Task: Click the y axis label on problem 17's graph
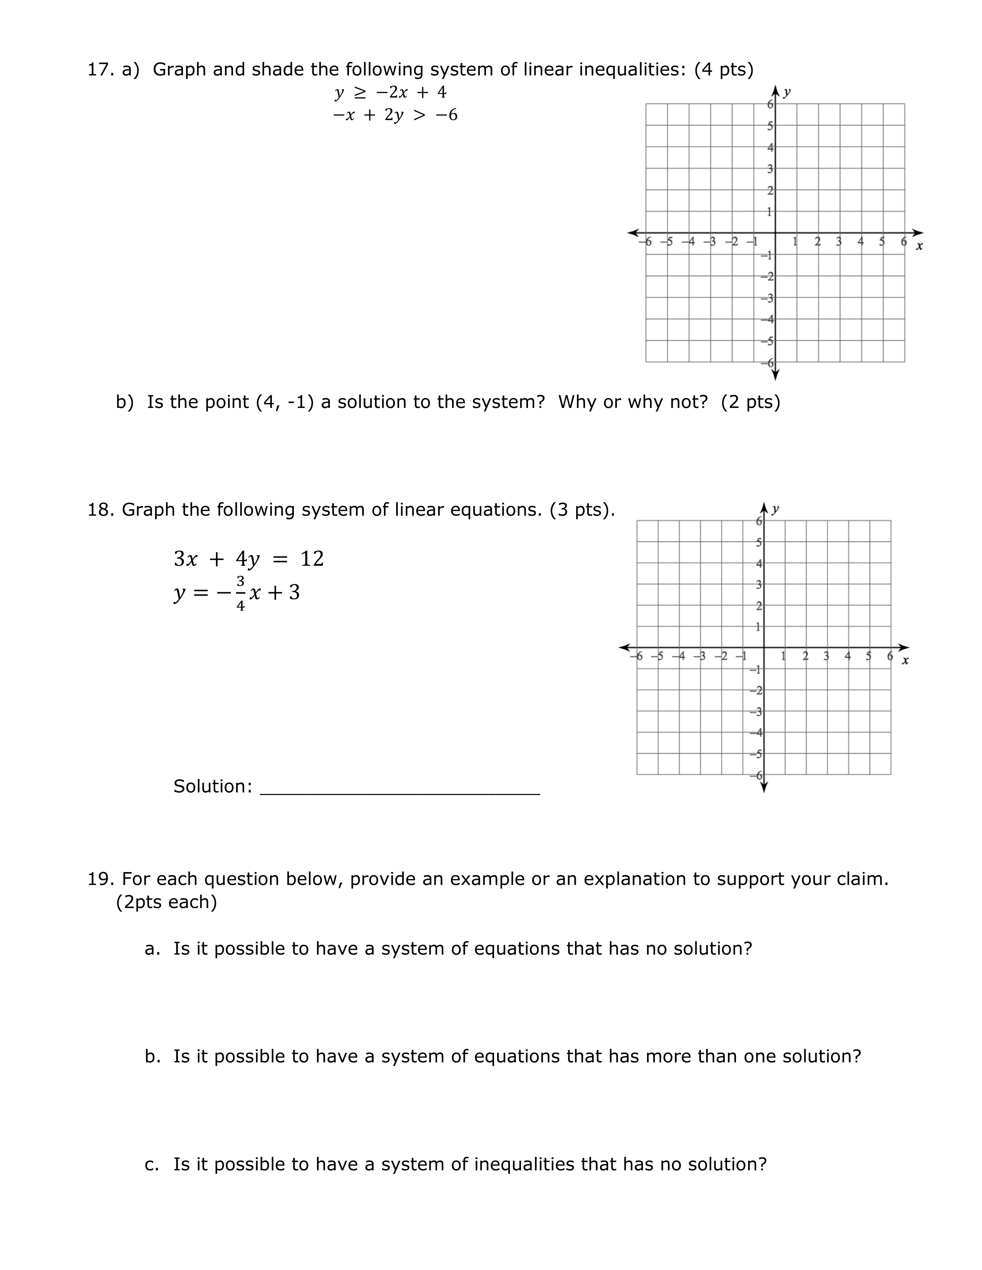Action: point(786,92)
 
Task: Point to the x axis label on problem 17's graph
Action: point(919,247)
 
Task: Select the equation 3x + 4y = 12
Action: point(248,559)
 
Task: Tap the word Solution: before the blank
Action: point(212,786)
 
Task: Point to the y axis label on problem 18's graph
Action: point(775,510)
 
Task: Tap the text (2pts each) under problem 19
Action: point(166,902)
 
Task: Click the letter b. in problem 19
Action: point(152,1056)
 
